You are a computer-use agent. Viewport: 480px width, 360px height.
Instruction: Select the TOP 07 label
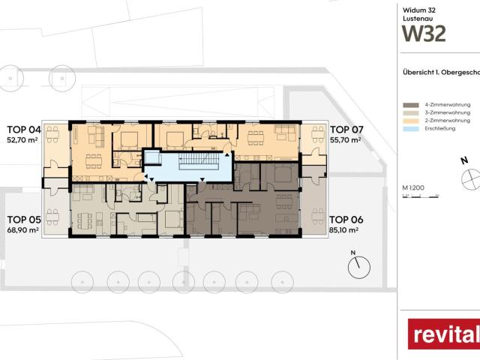tap(345, 128)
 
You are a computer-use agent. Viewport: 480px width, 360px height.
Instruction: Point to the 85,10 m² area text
tap(345, 230)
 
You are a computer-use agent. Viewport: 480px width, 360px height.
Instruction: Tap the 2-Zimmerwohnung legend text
tap(448, 120)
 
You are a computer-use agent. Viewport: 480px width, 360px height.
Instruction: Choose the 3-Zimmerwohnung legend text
tap(448, 112)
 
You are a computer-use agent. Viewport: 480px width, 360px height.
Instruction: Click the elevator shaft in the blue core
tap(153, 158)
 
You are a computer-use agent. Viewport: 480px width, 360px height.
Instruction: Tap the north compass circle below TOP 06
tap(360, 265)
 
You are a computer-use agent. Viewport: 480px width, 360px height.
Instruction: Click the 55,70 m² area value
tap(345, 139)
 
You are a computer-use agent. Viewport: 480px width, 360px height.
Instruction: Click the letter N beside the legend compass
tap(464, 160)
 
